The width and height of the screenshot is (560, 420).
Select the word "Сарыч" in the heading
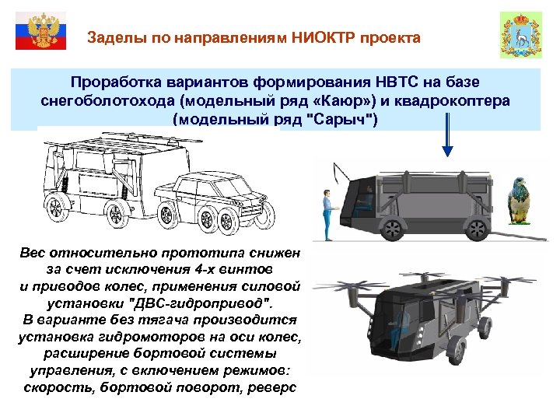pyautogui.click(x=341, y=121)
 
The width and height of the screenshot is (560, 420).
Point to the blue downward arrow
pyautogui.click(x=449, y=136)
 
